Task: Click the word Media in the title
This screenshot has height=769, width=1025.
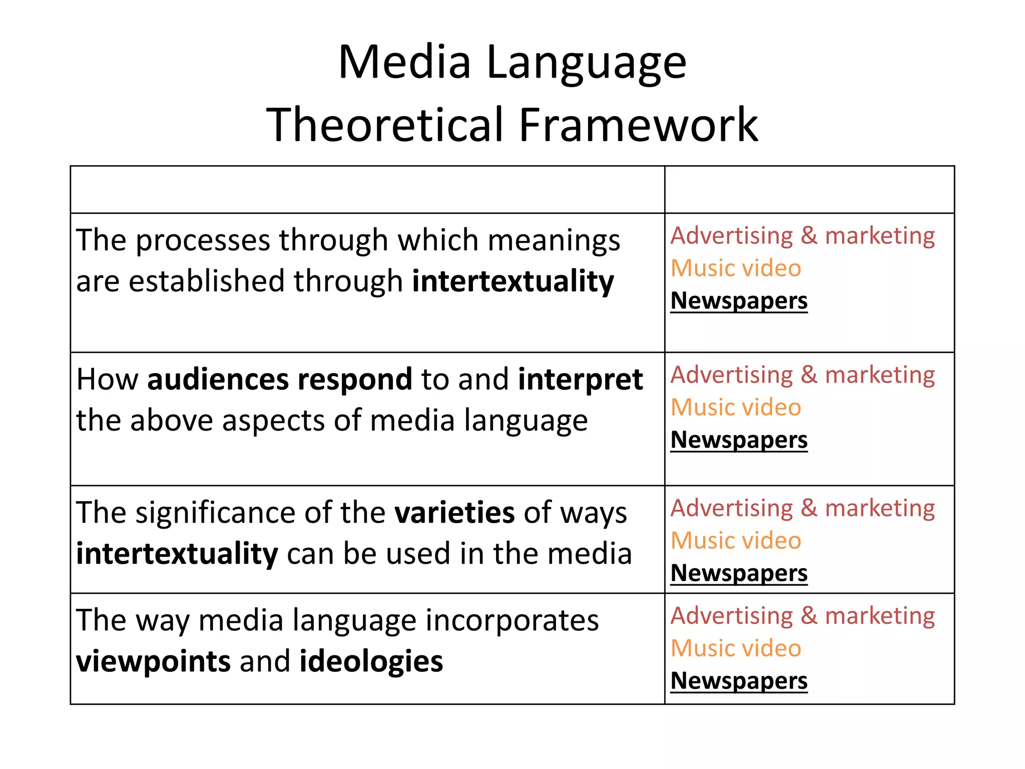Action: (404, 63)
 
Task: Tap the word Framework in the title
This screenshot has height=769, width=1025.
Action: (638, 125)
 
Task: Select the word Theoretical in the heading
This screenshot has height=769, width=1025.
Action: (385, 125)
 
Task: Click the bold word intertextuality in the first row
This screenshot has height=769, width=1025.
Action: (513, 281)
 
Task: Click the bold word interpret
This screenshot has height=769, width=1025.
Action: (580, 379)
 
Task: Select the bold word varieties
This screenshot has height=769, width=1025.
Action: (454, 513)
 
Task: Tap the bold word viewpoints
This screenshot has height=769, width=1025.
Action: (153, 661)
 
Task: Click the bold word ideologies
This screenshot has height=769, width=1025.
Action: (371, 661)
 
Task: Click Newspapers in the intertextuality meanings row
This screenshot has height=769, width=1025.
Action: (739, 301)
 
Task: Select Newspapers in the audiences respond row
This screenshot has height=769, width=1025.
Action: (739, 440)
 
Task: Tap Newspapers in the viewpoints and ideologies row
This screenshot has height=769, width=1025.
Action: (739, 681)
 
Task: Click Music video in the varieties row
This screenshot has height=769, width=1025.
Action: (736, 541)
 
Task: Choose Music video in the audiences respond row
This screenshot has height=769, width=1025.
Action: (736, 407)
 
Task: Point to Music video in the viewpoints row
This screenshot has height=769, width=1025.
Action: (736, 648)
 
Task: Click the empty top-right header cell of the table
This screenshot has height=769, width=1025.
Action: (809, 190)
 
